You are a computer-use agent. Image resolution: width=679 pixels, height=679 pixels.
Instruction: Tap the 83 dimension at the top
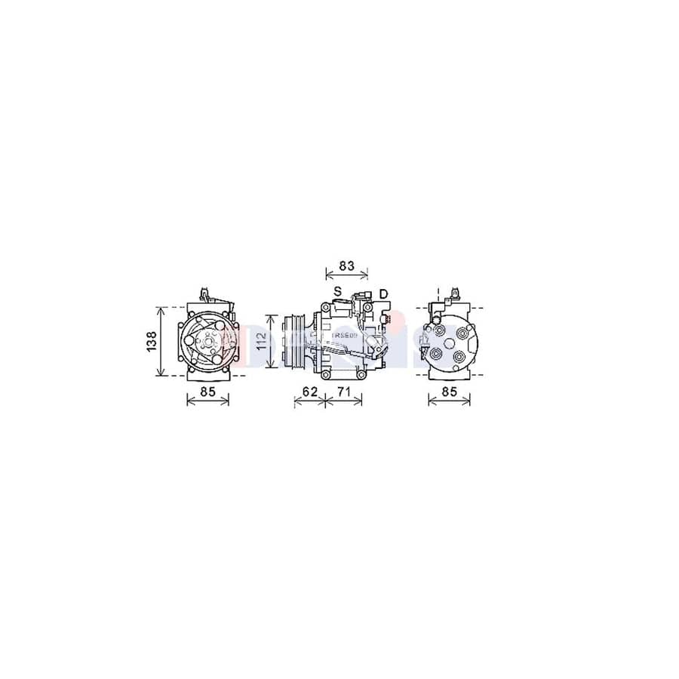(x=346, y=266)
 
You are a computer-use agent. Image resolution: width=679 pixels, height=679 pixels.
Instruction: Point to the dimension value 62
(x=308, y=391)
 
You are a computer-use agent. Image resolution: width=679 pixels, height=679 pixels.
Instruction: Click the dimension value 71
(x=344, y=391)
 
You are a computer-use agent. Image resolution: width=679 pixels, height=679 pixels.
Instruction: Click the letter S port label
(x=337, y=292)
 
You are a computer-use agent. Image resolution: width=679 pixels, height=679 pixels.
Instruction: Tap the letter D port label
(x=383, y=293)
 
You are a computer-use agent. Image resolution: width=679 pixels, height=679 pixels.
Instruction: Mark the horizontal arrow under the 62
(x=308, y=402)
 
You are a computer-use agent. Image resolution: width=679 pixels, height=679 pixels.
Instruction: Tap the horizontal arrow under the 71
(x=344, y=402)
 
